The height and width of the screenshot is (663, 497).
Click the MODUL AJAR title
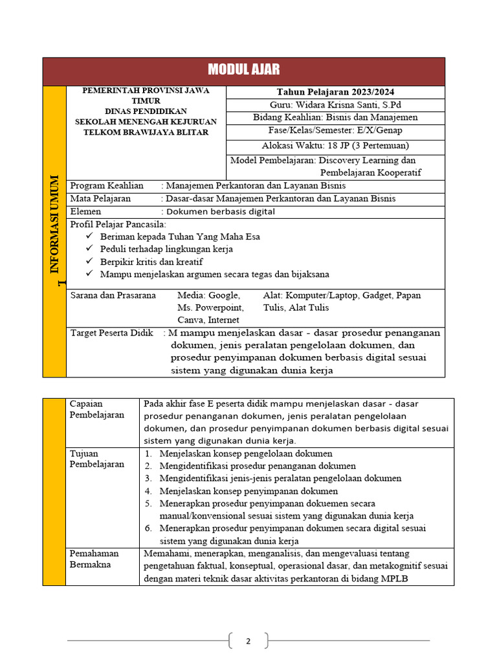[244, 71]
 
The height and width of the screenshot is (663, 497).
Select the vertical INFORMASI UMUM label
[54, 223]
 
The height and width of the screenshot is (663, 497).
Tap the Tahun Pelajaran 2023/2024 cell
[335, 92]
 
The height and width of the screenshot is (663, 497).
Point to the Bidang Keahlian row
[335, 117]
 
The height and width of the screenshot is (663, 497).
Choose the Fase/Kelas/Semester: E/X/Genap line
[335, 131]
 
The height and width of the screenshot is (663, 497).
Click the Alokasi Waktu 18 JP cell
[335, 146]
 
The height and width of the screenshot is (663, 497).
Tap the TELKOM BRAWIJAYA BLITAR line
[146, 132]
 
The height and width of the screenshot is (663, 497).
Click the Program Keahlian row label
[106, 186]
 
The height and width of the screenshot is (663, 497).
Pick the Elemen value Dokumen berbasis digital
[220, 212]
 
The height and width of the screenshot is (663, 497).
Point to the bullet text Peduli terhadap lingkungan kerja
[166, 249]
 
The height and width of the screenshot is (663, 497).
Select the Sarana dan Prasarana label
[113, 295]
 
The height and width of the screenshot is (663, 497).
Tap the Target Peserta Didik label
[111, 333]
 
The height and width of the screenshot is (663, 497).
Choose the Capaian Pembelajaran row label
[96, 409]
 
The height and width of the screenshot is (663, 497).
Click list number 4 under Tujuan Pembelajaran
[148, 491]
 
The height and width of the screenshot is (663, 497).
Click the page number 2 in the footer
[248, 642]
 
